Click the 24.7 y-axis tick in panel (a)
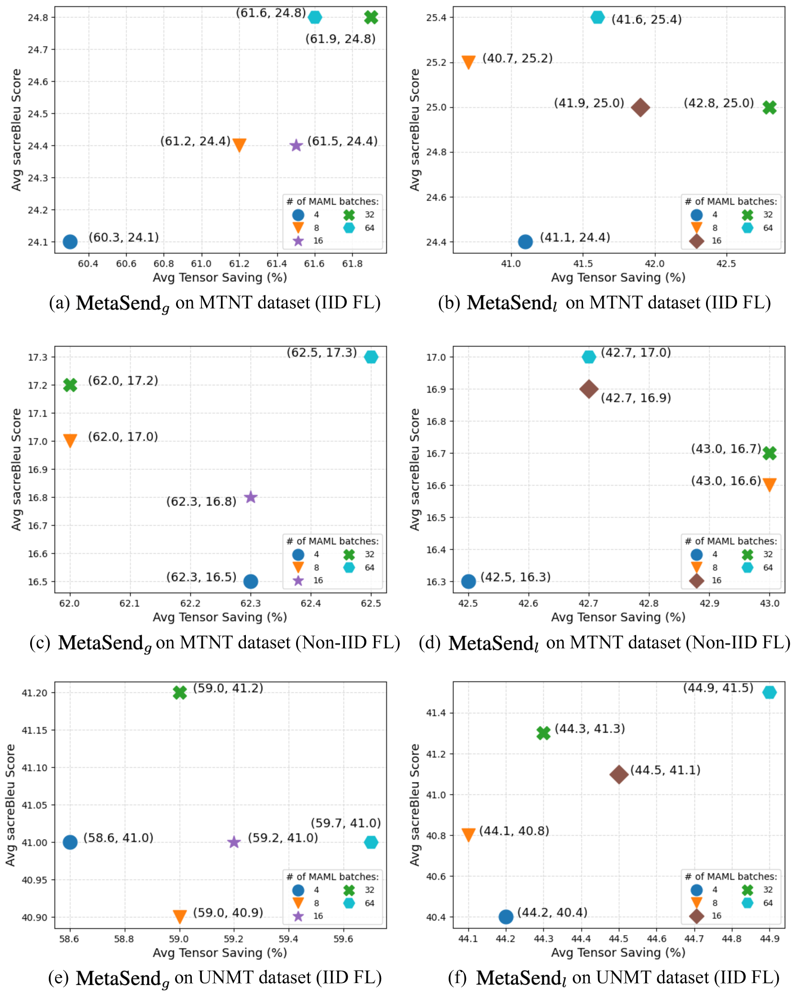[x=38, y=50]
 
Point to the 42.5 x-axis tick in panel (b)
[x=726, y=264]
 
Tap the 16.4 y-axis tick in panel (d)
[x=436, y=550]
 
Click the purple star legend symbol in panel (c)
[x=298, y=580]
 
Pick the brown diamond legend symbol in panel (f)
[x=696, y=916]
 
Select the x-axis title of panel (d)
[x=618, y=617]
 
